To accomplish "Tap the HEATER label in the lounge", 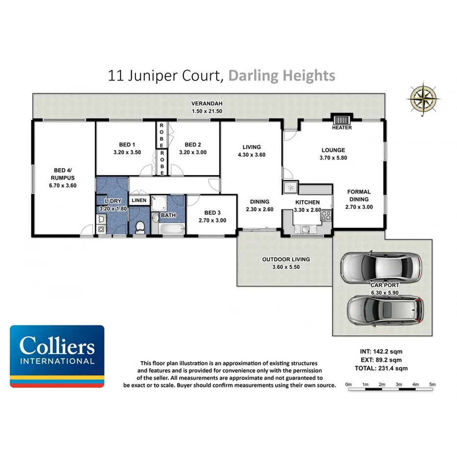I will pyautogui.click(x=342, y=128).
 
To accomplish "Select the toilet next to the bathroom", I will pyautogui.click(x=140, y=227).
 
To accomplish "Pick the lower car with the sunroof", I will pyautogui.click(x=384, y=309).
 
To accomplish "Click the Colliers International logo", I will pyautogui.click(x=57, y=356).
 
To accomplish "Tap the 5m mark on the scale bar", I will pyautogui.click(x=432, y=384).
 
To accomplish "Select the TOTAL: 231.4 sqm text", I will pyautogui.click(x=382, y=368).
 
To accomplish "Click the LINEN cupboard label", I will pyautogui.click(x=139, y=201).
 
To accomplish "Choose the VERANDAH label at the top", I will pyautogui.click(x=207, y=103).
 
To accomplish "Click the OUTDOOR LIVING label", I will pyautogui.click(x=286, y=259).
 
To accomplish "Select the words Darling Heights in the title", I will pyautogui.click(x=282, y=76).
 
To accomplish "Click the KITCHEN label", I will pyautogui.click(x=307, y=202).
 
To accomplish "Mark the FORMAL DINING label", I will pyautogui.click(x=359, y=195).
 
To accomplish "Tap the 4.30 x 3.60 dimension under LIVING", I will pyautogui.click(x=251, y=154).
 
